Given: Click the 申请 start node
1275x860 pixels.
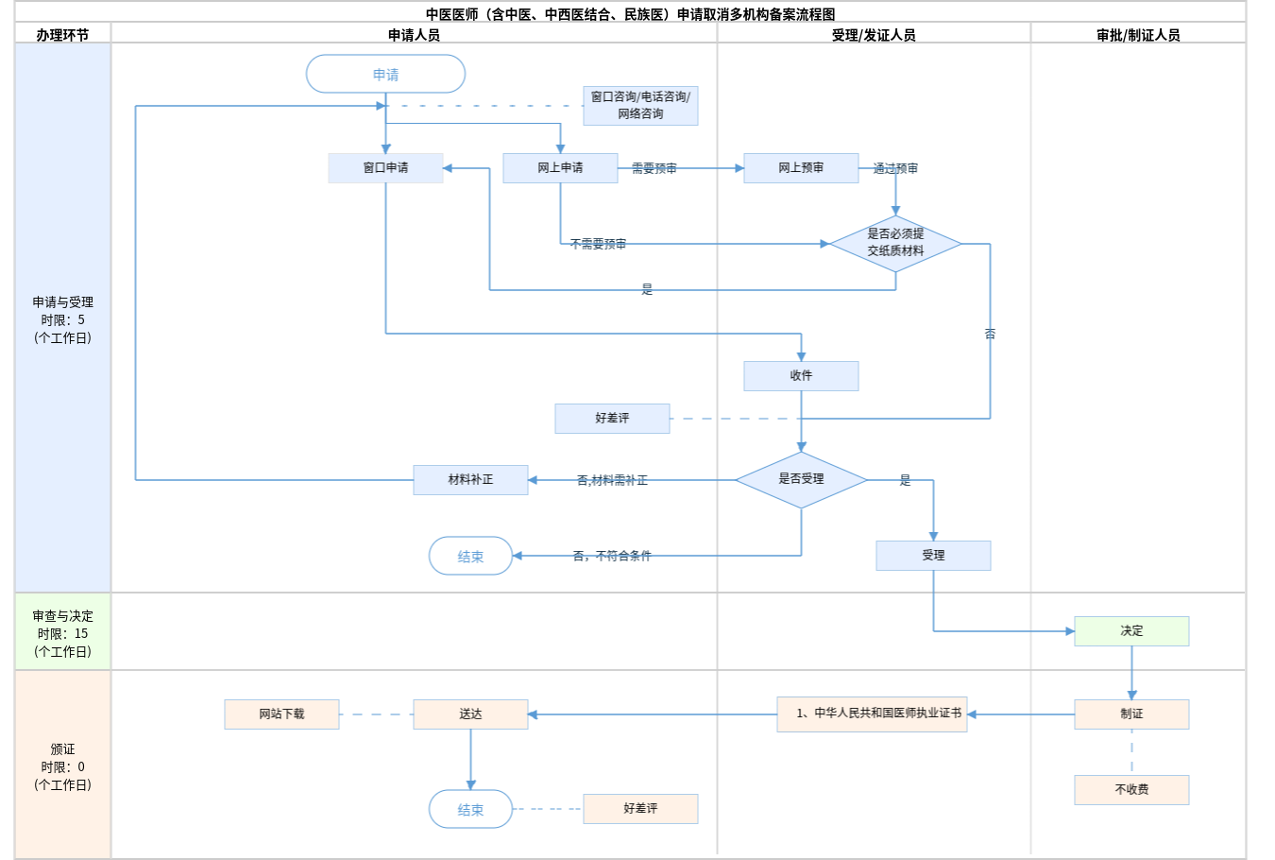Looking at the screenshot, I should pyautogui.click(x=385, y=74).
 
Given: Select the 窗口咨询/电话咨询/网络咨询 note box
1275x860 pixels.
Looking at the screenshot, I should pyautogui.click(x=640, y=105).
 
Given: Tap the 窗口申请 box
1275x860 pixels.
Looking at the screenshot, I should pyautogui.click(x=385, y=167).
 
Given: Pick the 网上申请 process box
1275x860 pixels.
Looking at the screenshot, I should pyautogui.click(x=560, y=167).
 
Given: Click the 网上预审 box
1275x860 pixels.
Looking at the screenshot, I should pyautogui.click(x=801, y=167).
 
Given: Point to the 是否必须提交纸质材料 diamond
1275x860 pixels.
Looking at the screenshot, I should pyautogui.click(x=895, y=243).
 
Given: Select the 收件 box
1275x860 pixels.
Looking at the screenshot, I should pyautogui.click(x=801, y=375).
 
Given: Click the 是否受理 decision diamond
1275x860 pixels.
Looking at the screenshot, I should pyautogui.click(x=801, y=479).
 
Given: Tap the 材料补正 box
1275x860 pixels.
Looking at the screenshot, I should pyautogui.click(x=470, y=479).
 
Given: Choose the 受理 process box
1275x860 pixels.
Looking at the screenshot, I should pyautogui.click(x=933, y=555).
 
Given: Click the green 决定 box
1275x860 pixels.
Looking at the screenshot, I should pyautogui.click(x=1131, y=630).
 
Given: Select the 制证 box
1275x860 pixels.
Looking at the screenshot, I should pyautogui.click(x=1131, y=714).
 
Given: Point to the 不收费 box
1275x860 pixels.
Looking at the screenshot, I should pyautogui.click(x=1131, y=789).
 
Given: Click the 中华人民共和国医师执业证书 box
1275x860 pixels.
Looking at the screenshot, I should pyautogui.click(x=872, y=714).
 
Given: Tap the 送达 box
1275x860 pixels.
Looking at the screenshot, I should pyautogui.click(x=470, y=714).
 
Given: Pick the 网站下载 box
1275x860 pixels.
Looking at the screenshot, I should pyautogui.click(x=281, y=714).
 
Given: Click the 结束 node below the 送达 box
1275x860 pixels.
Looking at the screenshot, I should pyautogui.click(x=470, y=809).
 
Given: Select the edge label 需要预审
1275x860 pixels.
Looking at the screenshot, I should pyautogui.click(x=654, y=168).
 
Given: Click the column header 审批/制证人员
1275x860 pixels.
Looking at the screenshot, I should pyautogui.click(x=1138, y=34).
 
